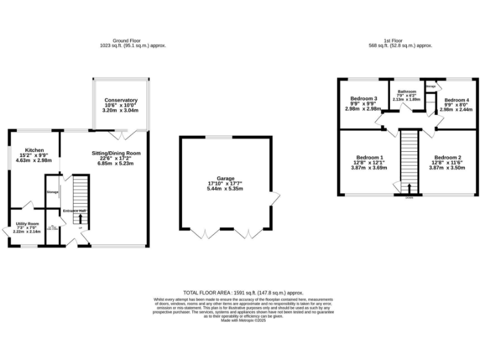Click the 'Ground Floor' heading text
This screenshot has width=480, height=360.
coord(132,41)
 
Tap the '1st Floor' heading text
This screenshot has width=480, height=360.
coord(400,41)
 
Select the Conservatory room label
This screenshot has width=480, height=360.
coord(121,101)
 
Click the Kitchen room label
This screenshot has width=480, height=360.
coord(34,151)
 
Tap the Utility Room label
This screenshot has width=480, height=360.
coord(27,224)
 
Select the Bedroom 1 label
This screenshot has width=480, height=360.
coord(370,157)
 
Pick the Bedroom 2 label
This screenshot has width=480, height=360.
coord(448,157)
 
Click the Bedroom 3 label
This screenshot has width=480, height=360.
coord(363,99)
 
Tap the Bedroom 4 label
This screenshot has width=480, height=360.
coord(456,100)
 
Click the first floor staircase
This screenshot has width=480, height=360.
coord(409,156)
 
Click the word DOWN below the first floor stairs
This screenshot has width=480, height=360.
coord(409,197)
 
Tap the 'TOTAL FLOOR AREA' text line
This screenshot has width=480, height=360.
coord(243,292)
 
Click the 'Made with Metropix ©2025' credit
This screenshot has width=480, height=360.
coord(243,320)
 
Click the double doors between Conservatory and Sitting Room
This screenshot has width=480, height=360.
coord(120,134)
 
